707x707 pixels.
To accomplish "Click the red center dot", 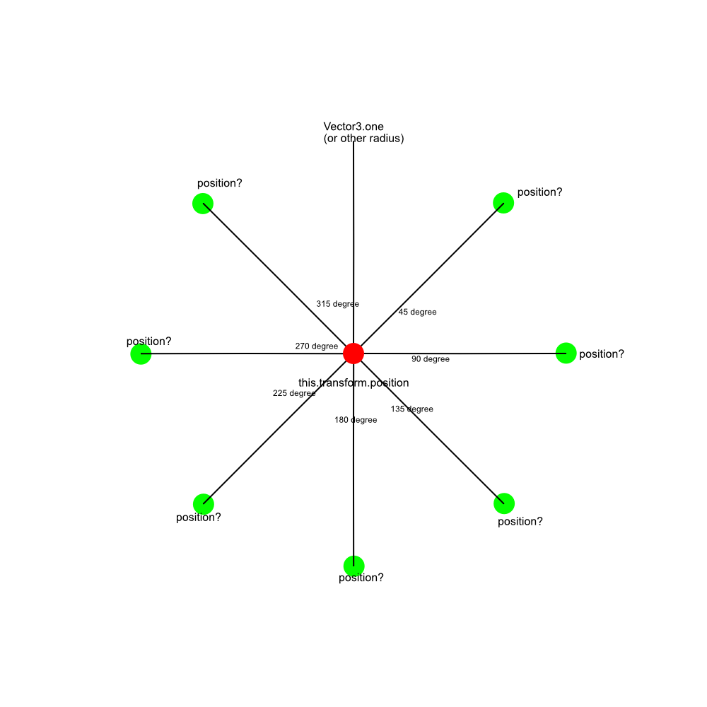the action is (353, 353).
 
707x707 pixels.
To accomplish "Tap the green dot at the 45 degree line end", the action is (503, 202).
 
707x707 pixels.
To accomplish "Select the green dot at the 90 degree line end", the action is (566, 353).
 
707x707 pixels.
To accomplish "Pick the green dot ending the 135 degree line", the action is (504, 503).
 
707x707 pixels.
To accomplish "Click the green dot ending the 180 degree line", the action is (354, 566).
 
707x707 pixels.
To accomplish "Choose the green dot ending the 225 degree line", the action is (204, 503).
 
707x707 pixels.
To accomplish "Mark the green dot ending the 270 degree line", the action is (141, 354).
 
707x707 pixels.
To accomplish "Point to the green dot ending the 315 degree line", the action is (203, 204).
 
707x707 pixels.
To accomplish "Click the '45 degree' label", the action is (418, 312).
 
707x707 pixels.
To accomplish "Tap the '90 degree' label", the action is (431, 359).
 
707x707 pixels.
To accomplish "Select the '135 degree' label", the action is (412, 409).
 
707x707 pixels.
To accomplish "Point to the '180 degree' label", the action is (356, 420).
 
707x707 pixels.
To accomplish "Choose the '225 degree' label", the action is (294, 393).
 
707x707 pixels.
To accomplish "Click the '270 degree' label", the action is (317, 346).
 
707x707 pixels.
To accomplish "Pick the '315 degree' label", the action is (338, 304).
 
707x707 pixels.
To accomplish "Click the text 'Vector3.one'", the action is (353, 127).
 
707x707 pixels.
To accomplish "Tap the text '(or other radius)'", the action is (363, 139).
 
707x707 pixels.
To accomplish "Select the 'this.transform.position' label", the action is (353, 382).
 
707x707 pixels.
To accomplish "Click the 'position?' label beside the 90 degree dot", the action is (602, 354).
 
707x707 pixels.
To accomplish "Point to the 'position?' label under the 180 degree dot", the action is (361, 578).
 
